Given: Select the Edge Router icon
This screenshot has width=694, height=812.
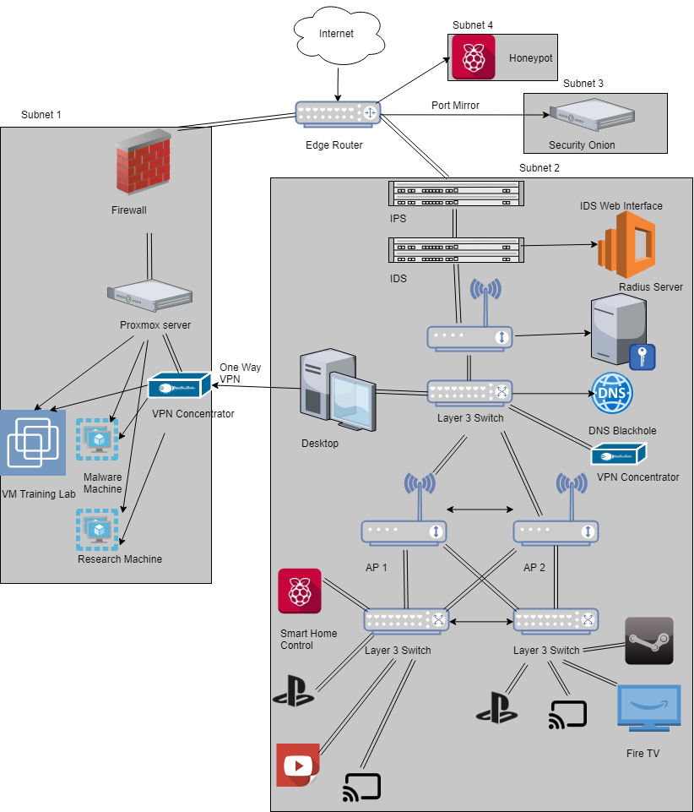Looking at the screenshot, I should [338, 113].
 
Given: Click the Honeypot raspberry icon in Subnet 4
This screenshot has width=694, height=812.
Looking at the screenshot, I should [473, 57].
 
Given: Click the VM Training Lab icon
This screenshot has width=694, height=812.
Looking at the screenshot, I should [33, 443].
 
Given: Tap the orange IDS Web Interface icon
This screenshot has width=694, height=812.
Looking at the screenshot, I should [627, 243].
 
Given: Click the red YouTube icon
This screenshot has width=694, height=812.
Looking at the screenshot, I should [298, 765].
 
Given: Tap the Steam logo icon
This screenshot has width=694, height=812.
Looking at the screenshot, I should [648, 640].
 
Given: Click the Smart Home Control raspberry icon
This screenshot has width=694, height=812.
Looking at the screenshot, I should [300, 591].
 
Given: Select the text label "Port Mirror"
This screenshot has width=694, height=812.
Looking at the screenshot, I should [454, 106].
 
